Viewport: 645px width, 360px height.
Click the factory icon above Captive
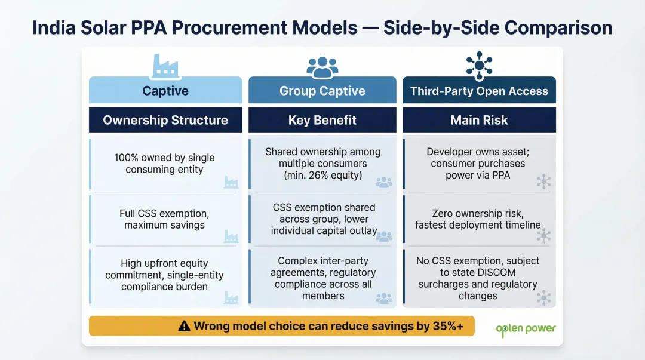coord(165,66)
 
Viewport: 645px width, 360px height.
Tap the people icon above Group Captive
coord(322,67)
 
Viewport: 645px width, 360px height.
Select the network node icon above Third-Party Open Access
coord(478,66)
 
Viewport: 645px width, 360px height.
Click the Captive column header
coord(165,91)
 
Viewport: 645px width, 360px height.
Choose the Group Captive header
coord(322,91)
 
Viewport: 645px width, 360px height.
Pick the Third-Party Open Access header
coord(479,91)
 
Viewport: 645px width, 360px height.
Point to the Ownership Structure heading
coord(165,120)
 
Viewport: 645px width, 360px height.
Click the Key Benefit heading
coord(322,120)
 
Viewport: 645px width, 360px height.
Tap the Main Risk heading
coord(479,120)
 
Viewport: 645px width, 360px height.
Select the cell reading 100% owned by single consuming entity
coord(164,164)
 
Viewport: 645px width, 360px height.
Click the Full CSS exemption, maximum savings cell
coord(164,219)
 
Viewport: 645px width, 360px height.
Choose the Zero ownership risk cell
coord(478,219)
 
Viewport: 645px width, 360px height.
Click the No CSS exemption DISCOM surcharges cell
coord(478,278)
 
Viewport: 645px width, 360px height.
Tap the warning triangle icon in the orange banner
coord(185,326)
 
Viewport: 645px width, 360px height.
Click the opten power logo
coord(526,328)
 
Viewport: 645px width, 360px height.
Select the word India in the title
coord(53,28)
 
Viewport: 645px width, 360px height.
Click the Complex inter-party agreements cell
coord(322,278)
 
